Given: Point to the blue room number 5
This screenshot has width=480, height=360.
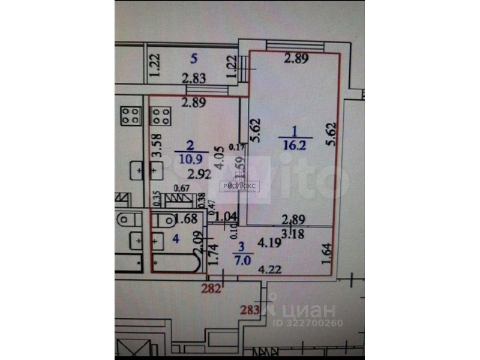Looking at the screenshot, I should pyautogui.click(x=193, y=59).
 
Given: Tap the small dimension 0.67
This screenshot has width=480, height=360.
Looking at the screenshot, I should pyautogui.click(x=181, y=191).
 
